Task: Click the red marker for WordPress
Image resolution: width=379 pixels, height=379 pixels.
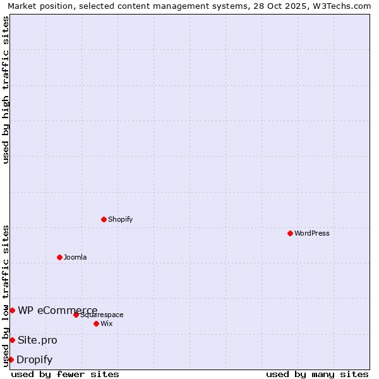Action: [x=290, y=233]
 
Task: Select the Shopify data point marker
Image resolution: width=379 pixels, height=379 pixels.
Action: [x=104, y=219]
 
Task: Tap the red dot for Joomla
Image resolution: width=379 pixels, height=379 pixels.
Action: [x=59, y=257]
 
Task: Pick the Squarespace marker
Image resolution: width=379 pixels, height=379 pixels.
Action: [x=76, y=315]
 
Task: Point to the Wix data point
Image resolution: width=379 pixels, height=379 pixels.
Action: [x=96, y=323]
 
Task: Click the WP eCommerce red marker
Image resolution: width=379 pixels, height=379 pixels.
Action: [x=12, y=310]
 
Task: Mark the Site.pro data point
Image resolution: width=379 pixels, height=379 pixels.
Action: [x=12, y=340]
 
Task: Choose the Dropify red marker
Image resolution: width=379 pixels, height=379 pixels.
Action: [x=11, y=359]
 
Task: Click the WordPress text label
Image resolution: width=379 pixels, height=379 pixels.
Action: [x=312, y=233]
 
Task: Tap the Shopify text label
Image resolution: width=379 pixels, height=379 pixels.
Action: [x=120, y=219]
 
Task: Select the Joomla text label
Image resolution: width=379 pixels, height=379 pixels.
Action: [x=75, y=257]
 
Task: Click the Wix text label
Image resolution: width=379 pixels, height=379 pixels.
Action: [x=107, y=323]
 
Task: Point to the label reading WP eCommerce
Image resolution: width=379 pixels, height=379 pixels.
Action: [x=57, y=310]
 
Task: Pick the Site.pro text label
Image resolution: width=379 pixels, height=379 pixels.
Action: [x=37, y=340]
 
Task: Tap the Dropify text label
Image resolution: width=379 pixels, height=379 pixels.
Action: [x=35, y=360]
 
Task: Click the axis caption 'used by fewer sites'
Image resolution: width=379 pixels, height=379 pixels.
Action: [x=65, y=374]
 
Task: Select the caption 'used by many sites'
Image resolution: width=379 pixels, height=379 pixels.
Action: [x=317, y=374]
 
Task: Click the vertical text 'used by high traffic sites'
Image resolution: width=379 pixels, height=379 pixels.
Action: [x=6, y=90]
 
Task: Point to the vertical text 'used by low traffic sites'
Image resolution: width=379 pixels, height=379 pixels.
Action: [x=6, y=296]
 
